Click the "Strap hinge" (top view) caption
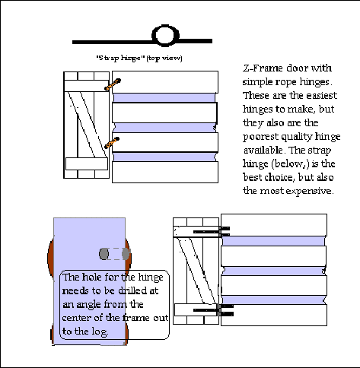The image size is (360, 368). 139,58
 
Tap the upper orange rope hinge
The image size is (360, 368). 113,84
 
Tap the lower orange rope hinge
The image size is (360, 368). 112,143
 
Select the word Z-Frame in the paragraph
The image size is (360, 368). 263,68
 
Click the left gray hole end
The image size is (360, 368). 104,254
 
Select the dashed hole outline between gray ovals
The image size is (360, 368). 115,254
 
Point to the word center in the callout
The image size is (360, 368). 77,318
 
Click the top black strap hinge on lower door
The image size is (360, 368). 212,232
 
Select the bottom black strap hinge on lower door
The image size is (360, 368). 213,310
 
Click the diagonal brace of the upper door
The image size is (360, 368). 87,124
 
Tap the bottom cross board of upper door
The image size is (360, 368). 87,163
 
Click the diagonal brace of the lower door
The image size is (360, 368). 197,271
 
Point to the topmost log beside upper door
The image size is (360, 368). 165,82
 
